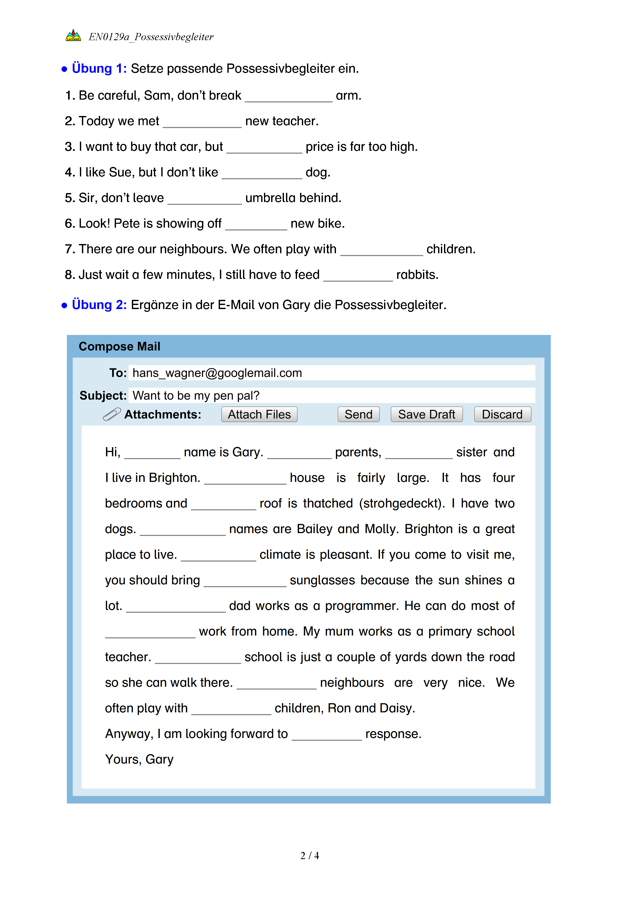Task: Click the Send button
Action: tap(358, 414)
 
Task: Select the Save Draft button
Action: tap(426, 414)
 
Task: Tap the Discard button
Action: tap(502, 414)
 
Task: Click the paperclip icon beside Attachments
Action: tap(112, 414)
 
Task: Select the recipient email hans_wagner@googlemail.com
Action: tap(217, 373)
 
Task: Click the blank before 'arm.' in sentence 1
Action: tap(289, 97)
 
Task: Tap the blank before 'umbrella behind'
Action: tap(205, 199)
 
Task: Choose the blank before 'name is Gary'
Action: tap(152, 454)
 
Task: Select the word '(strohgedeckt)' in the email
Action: tap(401, 503)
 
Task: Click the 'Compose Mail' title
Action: tap(119, 346)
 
